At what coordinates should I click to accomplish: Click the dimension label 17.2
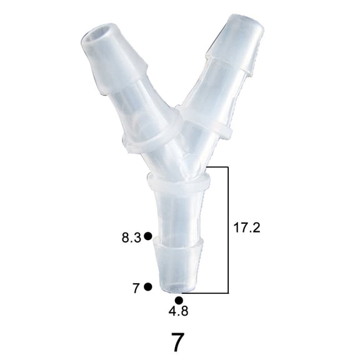(246, 228)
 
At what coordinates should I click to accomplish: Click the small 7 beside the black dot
(136, 288)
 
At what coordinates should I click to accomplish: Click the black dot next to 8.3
(148, 236)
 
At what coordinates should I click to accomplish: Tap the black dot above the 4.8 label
(179, 300)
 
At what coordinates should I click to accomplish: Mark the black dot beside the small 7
(148, 287)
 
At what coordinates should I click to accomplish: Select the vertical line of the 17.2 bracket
(228, 230)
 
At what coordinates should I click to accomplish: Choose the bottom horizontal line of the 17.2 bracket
(206, 292)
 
